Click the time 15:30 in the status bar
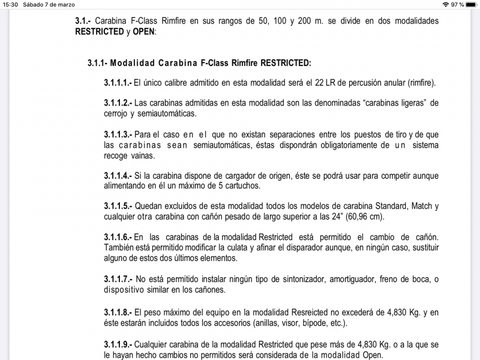point(10,4)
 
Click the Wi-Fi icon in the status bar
point(445,4)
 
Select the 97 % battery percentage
point(457,4)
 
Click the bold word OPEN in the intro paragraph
point(143,32)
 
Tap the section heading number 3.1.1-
point(97,62)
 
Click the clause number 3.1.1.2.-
point(118,103)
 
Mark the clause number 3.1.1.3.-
point(118,134)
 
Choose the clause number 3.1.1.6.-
point(118,238)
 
